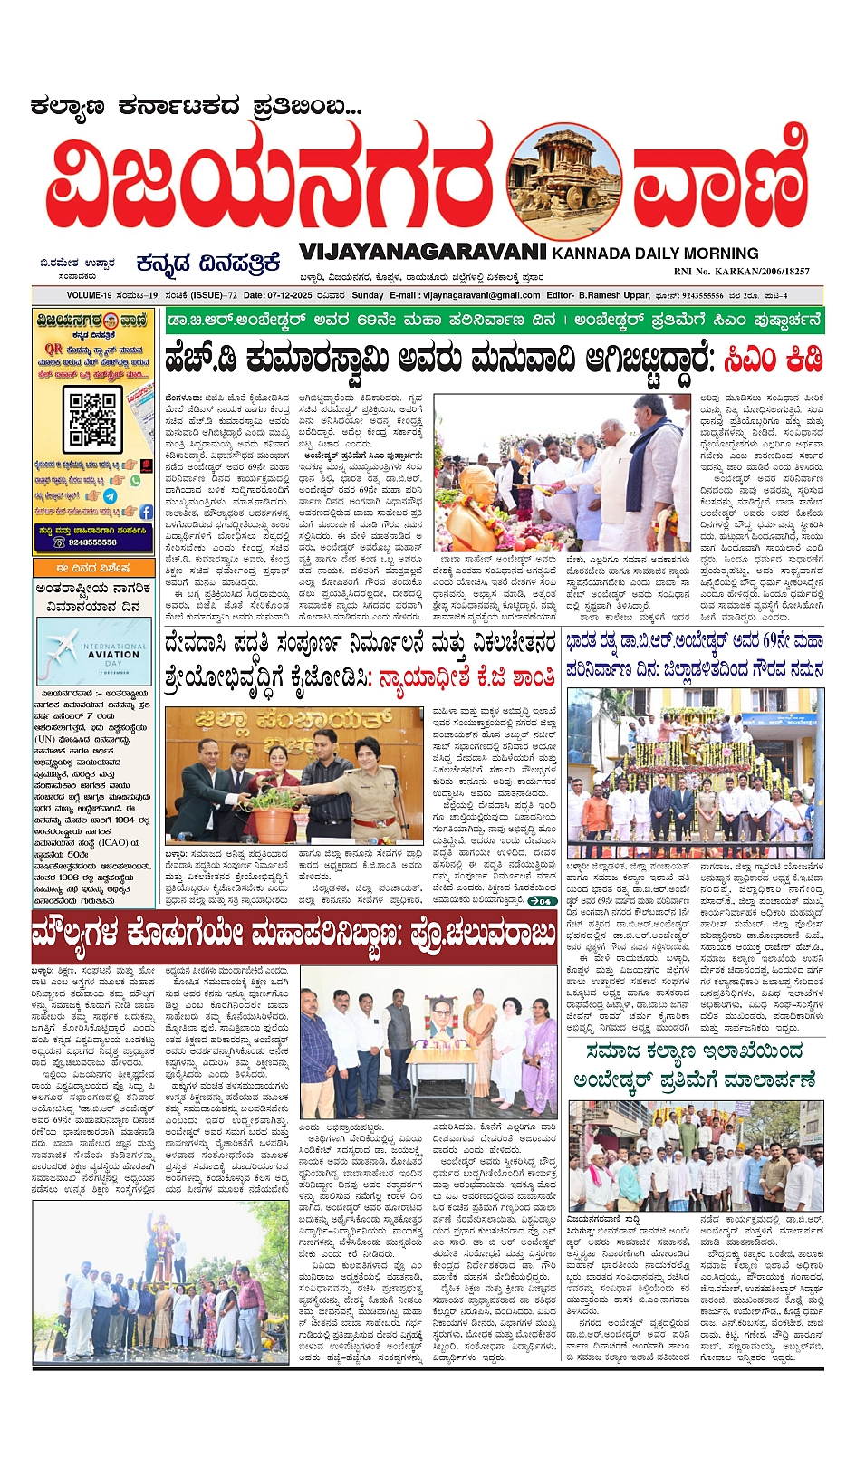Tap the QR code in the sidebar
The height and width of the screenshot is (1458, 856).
coord(93,417)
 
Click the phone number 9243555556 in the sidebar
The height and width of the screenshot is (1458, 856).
coord(93,542)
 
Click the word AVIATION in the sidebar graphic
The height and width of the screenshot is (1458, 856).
coord(113,654)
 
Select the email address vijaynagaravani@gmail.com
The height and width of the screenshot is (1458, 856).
coord(481,295)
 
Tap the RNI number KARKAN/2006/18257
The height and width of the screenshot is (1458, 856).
coord(741,271)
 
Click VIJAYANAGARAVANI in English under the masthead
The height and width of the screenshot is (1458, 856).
coord(422,252)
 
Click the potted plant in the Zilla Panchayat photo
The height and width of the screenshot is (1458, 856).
coord(274,814)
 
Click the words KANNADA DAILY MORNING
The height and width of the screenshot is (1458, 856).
coord(655,254)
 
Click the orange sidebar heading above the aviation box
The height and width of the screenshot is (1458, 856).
coord(92,569)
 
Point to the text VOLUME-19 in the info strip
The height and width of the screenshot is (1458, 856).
coord(89,295)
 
